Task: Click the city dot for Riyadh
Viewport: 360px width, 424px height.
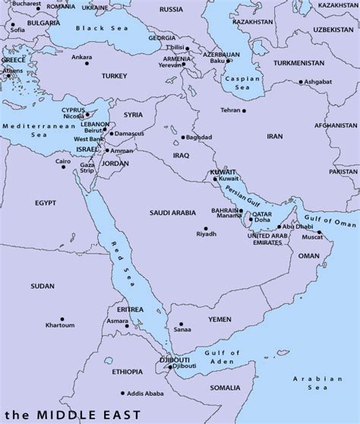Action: (x=205, y=228)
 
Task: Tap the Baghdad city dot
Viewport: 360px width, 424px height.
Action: (x=184, y=138)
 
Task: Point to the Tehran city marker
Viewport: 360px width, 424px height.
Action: (x=245, y=111)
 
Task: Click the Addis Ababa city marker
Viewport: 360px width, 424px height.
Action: (x=122, y=393)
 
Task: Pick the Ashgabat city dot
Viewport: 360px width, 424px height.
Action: (x=301, y=82)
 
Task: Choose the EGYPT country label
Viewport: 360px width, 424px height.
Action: (x=46, y=204)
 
